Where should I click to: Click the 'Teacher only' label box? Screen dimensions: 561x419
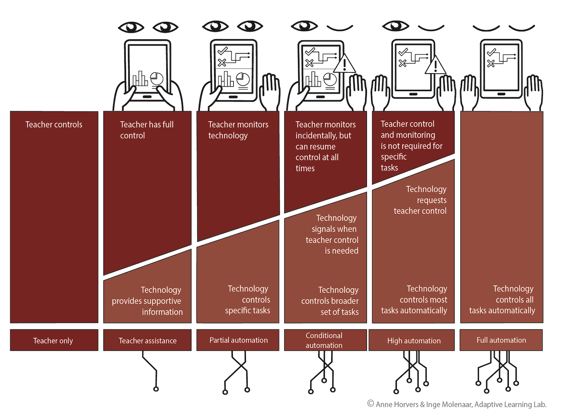54,340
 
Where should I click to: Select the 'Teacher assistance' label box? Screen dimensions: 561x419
147,340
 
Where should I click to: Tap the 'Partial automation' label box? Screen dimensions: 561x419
238,340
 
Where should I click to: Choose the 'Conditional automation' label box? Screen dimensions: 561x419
326,340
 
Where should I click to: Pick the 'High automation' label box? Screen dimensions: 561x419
412,340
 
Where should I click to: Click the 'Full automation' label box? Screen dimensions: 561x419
501,340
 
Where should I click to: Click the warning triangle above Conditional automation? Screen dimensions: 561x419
345,64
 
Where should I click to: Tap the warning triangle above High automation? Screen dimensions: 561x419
435,65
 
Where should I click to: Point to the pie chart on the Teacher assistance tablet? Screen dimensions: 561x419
157,79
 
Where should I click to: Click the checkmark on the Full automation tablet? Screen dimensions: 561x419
491,52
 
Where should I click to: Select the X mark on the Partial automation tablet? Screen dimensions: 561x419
222,62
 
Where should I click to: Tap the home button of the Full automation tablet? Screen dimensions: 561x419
501,94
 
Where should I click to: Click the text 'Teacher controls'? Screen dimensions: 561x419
54,125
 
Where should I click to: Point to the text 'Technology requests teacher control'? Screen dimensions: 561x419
420,200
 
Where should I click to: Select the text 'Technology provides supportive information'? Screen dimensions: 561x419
147,301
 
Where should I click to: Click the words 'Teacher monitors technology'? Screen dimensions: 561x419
238,130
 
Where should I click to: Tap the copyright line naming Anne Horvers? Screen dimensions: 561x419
457,404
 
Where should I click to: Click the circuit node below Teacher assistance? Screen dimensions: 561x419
156,389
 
